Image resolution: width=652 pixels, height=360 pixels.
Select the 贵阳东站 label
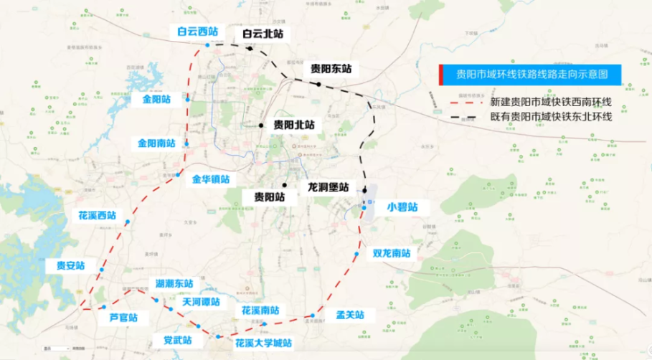click(x=331, y=69)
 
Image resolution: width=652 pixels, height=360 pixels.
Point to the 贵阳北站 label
click(x=294, y=124)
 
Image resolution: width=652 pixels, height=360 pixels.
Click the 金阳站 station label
click(x=156, y=99)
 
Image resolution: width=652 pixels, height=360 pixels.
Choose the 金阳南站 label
click(x=156, y=143)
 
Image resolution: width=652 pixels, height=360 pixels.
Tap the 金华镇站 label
click(x=211, y=179)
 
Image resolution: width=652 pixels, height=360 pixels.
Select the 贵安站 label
click(x=70, y=265)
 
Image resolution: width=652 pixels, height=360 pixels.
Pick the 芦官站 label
click(x=123, y=317)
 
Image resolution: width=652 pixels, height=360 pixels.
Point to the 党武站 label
click(x=178, y=339)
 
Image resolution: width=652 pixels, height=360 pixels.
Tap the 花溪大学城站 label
click(x=263, y=344)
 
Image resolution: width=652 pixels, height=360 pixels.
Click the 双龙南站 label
click(x=391, y=253)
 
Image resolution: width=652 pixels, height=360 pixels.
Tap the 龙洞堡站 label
click(x=328, y=186)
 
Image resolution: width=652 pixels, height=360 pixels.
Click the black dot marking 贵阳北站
click(x=263, y=125)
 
